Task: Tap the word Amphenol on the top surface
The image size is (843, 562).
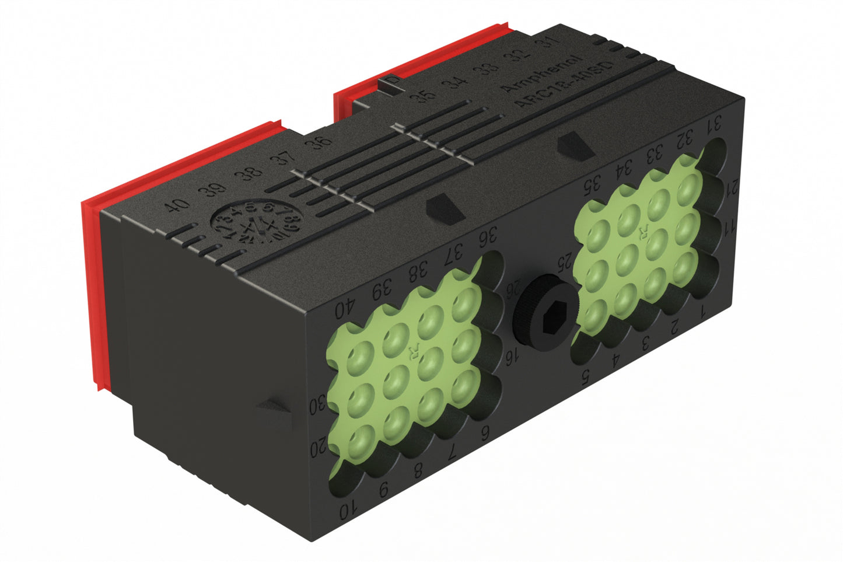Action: click(x=542, y=74)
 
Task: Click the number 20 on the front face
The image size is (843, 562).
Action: click(x=319, y=448)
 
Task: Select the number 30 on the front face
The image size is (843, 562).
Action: click(x=317, y=406)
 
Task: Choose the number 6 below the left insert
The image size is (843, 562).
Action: click(x=484, y=433)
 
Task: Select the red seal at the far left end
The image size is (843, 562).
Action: click(x=93, y=292)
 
